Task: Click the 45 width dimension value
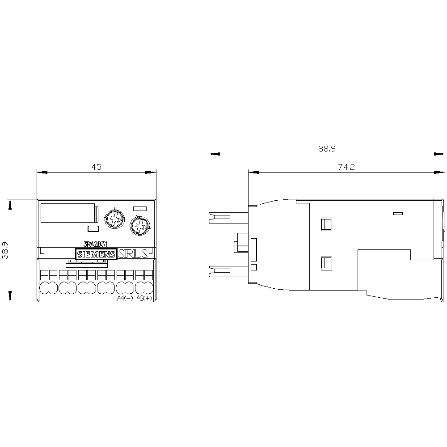click(97, 167)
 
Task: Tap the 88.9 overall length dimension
click(327, 149)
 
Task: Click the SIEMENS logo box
click(97, 254)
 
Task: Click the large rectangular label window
click(68, 213)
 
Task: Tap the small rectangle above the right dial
click(140, 207)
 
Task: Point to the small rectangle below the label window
click(93, 229)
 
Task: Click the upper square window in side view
click(326, 223)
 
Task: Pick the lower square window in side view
click(326, 263)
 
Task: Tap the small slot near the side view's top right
click(398, 213)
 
